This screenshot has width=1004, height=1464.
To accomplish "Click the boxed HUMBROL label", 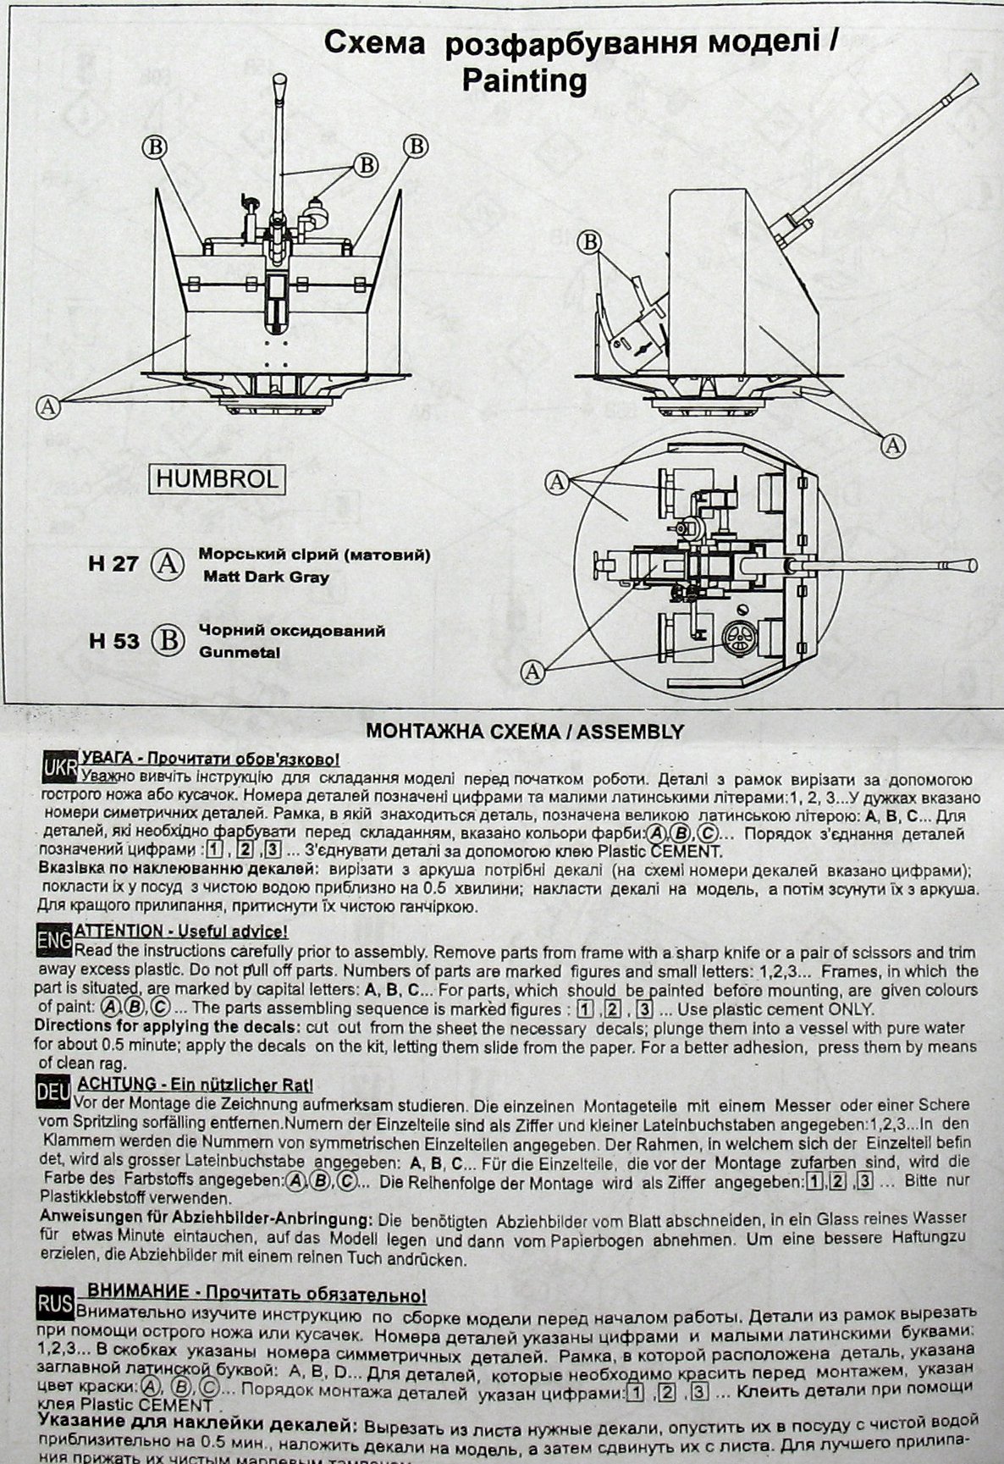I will tap(217, 479).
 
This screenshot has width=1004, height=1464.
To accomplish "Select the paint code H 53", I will tap(113, 640).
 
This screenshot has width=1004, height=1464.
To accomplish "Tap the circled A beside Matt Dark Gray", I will tap(169, 563).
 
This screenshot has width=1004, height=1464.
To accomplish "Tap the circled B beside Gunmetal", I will tap(169, 640).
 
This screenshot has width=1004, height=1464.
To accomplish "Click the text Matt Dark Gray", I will tap(266, 577).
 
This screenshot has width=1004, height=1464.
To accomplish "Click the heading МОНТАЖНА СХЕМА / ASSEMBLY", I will tap(524, 731).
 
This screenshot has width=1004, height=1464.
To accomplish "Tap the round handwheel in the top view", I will tap(742, 636).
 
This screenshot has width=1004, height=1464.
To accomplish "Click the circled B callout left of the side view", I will tap(590, 242).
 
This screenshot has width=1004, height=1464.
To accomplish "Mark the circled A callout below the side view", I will tap(892, 445).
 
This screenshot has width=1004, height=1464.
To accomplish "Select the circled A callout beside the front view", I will tap(49, 406).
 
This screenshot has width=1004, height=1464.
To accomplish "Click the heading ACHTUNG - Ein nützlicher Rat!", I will tap(196, 1083).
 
